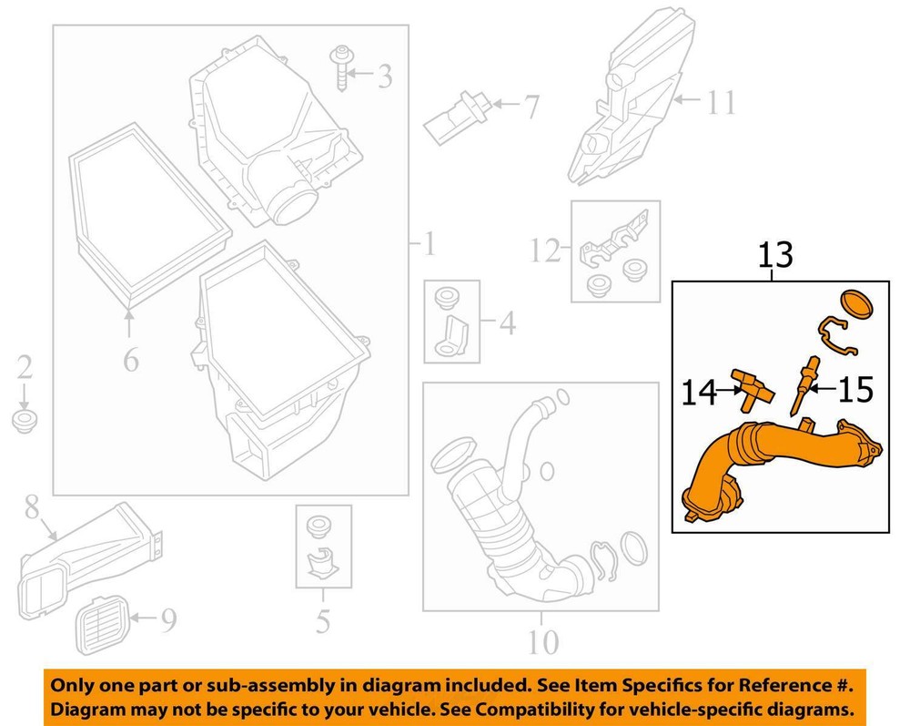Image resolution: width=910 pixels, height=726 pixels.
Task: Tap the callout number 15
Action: (854, 391)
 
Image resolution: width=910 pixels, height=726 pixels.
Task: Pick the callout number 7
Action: (528, 109)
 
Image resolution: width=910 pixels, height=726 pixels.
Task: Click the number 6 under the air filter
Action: (131, 361)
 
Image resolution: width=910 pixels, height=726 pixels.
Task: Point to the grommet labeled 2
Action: (25, 423)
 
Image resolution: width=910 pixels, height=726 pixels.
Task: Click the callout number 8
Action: (33, 506)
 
